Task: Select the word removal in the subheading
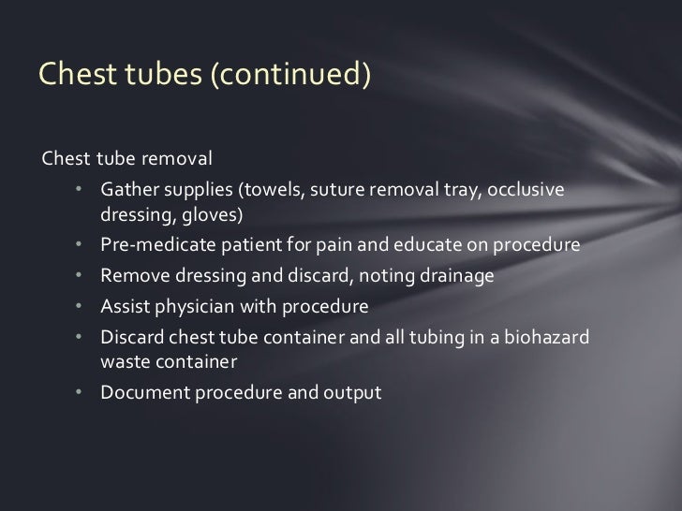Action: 183,155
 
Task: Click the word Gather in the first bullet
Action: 131,190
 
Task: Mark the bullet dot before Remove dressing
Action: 82,277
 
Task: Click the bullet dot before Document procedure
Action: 82,393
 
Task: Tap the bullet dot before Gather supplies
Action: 82,190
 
